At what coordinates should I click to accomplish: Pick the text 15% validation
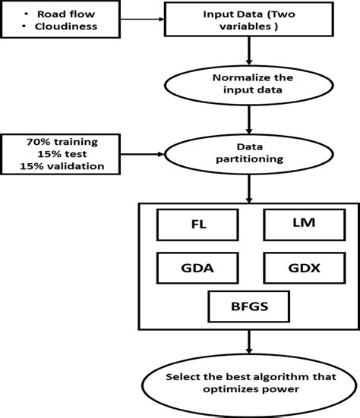tap(62, 167)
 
